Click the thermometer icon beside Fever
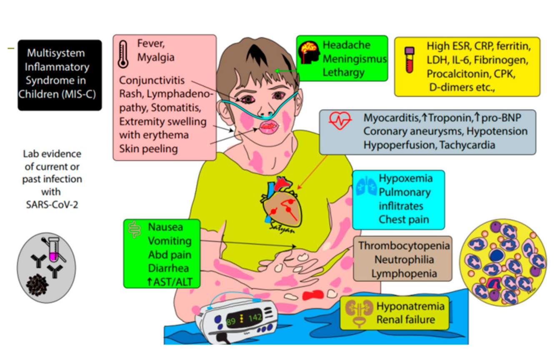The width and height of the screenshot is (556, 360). point(123,54)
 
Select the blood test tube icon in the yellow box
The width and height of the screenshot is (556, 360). point(410,60)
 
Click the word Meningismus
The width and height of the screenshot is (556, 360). point(355,59)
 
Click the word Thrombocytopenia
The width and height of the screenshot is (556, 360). point(404,245)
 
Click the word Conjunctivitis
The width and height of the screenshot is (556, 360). point(152,80)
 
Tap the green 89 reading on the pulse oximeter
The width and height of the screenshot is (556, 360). point(231,322)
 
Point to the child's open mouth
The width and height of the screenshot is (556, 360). point(268,126)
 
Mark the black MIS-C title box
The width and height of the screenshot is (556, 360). point(60,75)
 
